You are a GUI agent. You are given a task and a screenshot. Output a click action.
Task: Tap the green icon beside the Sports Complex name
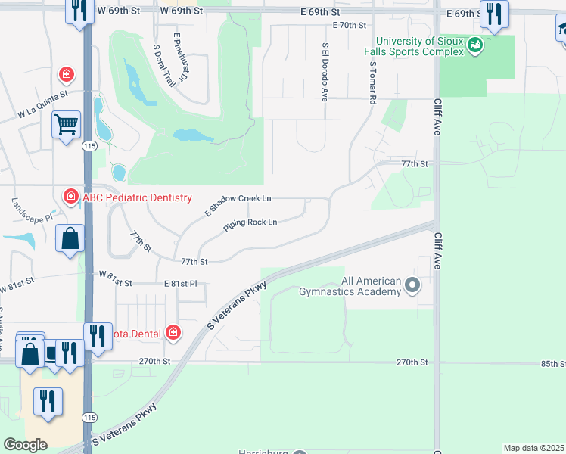[474, 45]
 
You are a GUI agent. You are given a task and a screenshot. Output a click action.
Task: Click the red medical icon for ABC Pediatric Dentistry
[71, 197]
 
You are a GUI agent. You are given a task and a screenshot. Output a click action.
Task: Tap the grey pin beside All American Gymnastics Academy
[412, 285]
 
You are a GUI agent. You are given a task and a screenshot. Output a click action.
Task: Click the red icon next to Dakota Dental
[173, 332]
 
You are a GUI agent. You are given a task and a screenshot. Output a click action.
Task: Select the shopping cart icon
[67, 123]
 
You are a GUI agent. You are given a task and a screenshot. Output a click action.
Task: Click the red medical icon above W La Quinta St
[67, 74]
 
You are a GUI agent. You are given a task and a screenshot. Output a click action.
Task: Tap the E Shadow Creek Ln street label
[238, 206]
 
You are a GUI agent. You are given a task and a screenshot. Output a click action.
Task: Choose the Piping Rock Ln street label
[250, 223]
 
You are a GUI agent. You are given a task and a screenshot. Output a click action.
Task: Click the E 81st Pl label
[181, 283]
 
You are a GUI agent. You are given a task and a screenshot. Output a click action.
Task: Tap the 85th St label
[552, 363]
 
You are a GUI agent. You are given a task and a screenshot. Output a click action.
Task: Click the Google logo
[25, 445]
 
